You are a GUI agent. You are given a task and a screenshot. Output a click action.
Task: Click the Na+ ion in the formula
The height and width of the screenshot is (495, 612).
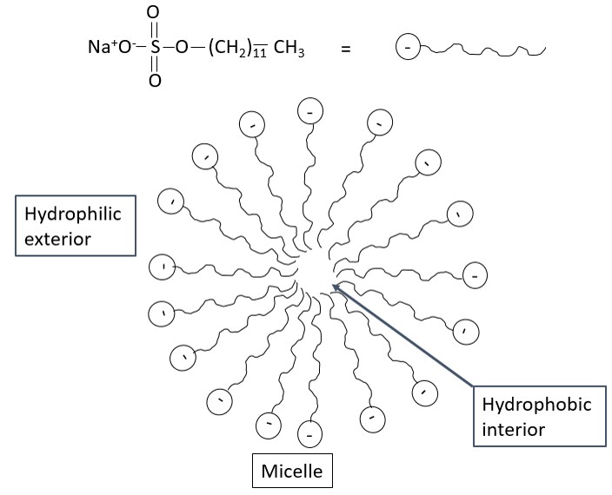98,49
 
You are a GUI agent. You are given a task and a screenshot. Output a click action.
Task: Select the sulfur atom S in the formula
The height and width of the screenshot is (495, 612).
154,49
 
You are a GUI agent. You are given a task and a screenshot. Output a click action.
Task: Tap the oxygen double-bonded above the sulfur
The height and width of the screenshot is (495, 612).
154,15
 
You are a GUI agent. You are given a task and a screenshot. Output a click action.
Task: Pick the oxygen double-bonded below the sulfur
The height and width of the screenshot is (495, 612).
154,82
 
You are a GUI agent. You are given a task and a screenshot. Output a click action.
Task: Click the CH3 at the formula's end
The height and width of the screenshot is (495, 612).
289,49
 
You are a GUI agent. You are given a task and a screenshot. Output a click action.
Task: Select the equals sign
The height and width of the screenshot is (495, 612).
345,49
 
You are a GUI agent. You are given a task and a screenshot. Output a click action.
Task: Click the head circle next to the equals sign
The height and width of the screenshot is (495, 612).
406,47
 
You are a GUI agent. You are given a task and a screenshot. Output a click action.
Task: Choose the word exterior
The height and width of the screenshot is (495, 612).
57,237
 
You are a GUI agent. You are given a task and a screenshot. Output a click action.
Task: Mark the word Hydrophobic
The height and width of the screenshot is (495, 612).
536,406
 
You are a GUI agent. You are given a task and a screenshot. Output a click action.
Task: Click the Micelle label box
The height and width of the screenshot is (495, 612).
292,472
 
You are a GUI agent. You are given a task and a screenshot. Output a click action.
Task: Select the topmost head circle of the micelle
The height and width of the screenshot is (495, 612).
310,110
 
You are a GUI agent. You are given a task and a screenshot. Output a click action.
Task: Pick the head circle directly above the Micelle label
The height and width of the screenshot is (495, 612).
310,431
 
